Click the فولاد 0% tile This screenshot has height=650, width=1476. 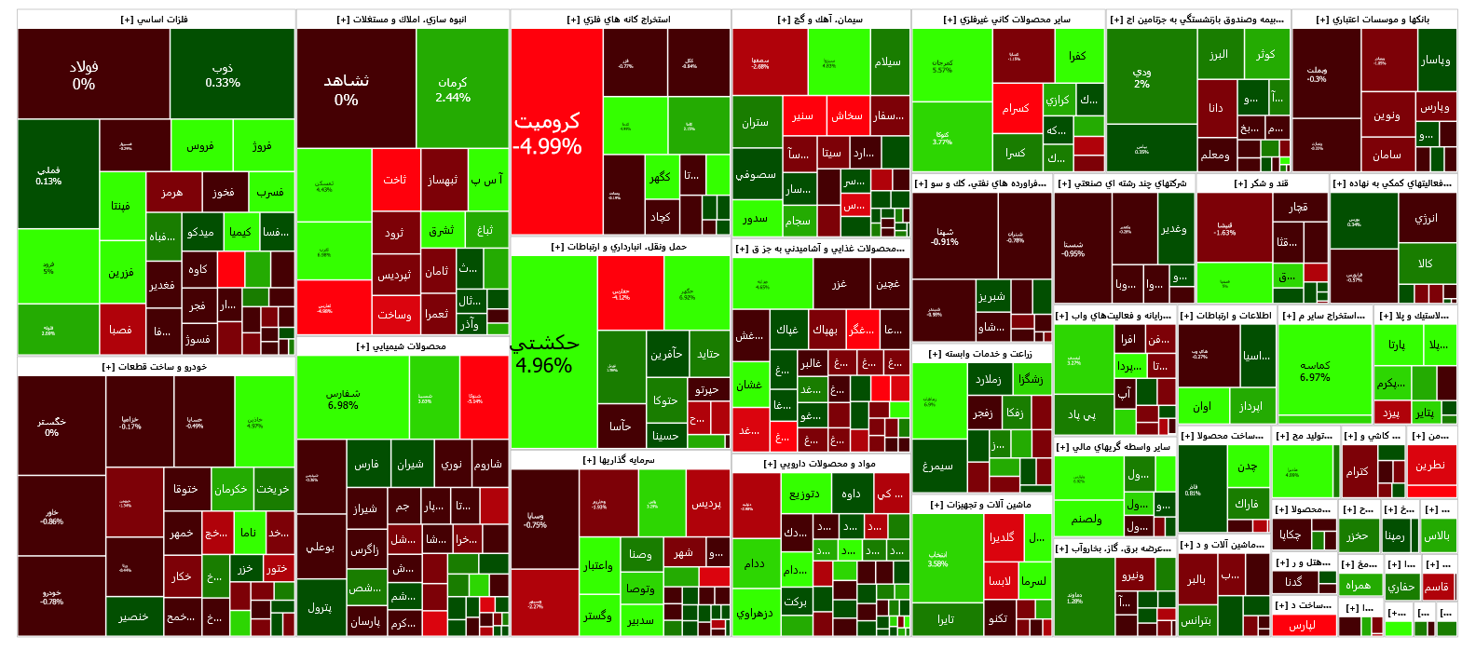pos(84,74)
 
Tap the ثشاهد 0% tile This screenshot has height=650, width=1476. pos(347,89)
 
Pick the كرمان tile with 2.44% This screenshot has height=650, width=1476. pos(453,89)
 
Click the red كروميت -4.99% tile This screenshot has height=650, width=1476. pos(547,133)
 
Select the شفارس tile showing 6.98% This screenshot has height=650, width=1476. pos(343,399)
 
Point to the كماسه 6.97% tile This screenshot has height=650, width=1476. pos(1315,371)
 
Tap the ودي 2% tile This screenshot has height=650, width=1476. pos(1141,77)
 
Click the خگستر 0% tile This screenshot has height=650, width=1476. pos(51,427)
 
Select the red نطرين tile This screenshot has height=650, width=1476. pos(1430,465)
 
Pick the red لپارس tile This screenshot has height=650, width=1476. pos(1302,625)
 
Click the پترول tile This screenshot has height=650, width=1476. pos(320,607)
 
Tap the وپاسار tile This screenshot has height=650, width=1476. pos(1435,61)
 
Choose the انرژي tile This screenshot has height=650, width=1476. pos(1426,218)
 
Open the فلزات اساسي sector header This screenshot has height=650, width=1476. pos(155,19)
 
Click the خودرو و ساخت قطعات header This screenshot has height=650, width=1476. pos(155,367)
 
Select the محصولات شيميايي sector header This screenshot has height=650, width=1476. pos(402,346)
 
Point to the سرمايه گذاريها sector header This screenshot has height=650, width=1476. pos(620,460)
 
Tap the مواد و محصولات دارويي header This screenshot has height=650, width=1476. pos(820,464)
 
